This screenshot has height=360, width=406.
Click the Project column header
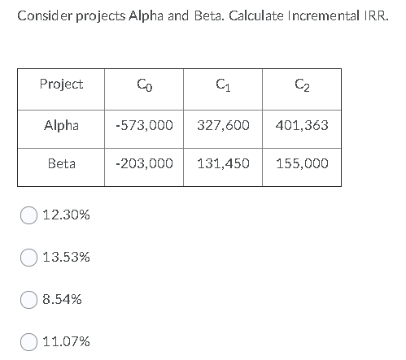(x=61, y=84)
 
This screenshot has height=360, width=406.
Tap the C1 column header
(x=223, y=84)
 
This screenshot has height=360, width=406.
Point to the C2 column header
(x=302, y=84)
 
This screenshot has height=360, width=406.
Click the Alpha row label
(x=61, y=126)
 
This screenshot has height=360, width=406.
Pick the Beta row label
(x=61, y=163)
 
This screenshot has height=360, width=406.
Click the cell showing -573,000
(x=144, y=126)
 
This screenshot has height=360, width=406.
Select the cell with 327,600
(x=223, y=126)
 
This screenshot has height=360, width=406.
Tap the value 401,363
(x=302, y=126)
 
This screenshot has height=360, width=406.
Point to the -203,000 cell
(x=144, y=163)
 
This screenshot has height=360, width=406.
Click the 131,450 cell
(x=223, y=163)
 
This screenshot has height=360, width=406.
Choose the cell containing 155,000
(x=302, y=163)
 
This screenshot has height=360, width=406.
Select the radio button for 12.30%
(x=29, y=215)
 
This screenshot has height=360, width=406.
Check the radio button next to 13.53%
(x=29, y=258)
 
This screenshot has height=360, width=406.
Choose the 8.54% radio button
(x=29, y=300)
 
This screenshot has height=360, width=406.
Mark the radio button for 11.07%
(x=29, y=342)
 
